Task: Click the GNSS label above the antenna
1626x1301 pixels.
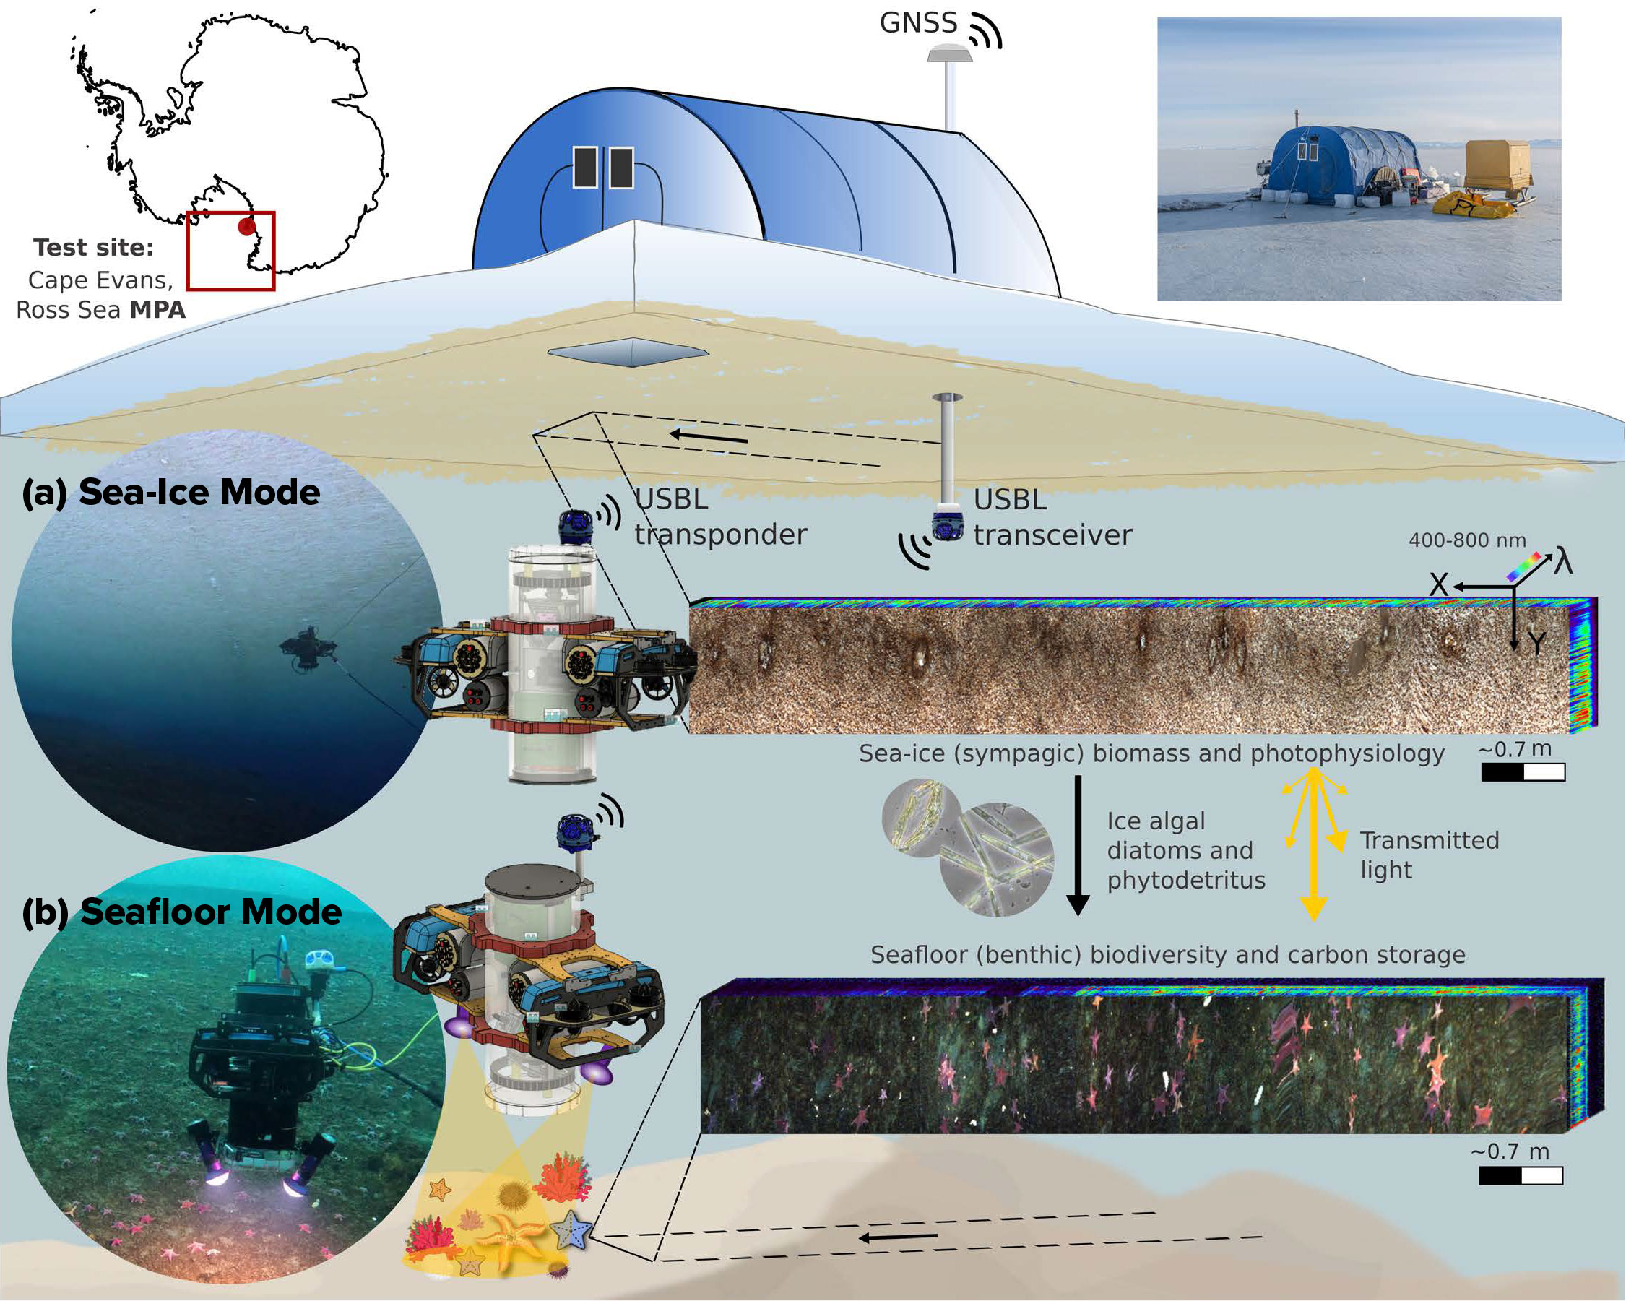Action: [x=918, y=22]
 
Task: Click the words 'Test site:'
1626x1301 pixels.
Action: [x=93, y=247]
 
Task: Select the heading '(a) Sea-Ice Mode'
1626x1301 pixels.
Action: [x=171, y=493]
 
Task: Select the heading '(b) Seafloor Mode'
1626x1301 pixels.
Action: [x=182, y=912]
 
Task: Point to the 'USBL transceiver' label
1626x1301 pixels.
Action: [x=1052, y=517]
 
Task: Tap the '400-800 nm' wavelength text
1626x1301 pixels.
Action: [x=1467, y=540]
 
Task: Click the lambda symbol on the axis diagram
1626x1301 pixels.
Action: [x=1562, y=562]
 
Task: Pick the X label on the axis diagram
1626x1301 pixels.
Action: [x=1439, y=584]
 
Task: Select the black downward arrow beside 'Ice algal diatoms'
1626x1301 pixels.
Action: [x=1078, y=844]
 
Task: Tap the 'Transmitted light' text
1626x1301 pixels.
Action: [x=1429, y=855]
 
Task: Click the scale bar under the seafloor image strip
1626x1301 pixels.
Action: [x=1521, y=1176]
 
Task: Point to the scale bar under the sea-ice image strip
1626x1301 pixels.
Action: [x=1523, y=772]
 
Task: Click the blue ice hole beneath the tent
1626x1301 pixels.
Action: [x=628, y=352]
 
